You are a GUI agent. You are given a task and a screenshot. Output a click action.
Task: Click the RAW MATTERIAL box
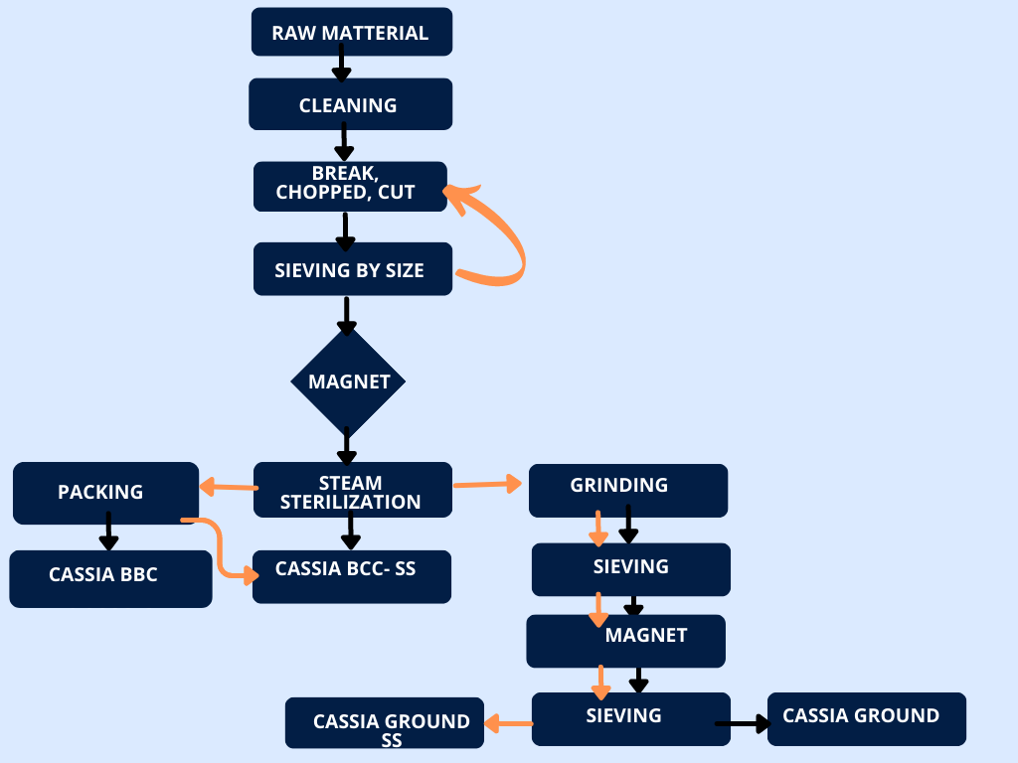(351, 32)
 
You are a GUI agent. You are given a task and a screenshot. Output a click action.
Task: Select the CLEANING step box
(350, 104)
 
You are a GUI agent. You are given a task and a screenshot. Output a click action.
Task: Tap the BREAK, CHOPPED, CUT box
(350, 186)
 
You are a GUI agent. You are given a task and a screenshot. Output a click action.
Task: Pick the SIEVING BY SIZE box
(352, 269)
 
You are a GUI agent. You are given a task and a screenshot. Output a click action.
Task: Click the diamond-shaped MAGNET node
(348, 381)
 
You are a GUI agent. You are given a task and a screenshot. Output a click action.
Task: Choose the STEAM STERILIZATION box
(352, 490)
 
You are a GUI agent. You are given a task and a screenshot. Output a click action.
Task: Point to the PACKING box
(105, 492)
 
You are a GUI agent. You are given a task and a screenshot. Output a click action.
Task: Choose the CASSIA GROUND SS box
(385, 723)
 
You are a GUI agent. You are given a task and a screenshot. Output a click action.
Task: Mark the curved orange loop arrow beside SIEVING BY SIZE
(503, 238)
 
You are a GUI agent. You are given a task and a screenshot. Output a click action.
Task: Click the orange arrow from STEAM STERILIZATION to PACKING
(228, 487)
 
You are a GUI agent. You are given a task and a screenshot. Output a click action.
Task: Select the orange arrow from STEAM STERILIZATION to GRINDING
(487, 484)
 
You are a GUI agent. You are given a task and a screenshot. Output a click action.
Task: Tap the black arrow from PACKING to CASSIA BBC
(108, 531)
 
